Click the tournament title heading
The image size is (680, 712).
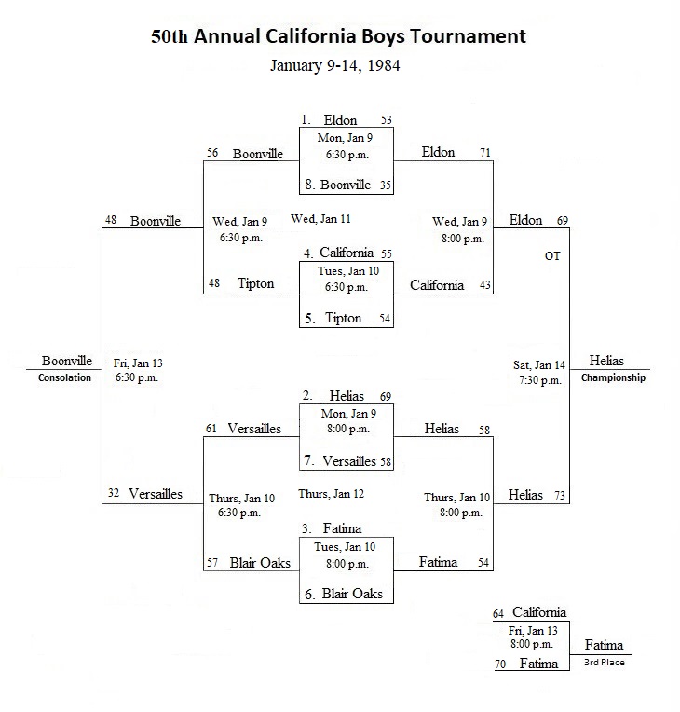click(x=338, y=36)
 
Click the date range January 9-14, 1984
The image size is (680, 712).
click(x=335, y=65)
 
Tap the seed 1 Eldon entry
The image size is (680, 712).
click(x=329, y=120)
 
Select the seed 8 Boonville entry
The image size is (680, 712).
click(x=338, y=185)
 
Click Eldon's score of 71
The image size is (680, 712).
click(x=485, y=153)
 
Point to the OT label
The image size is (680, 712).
click(x=552, y=256)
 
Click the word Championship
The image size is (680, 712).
click(x=613, y=377)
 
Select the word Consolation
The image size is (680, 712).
click(x=64, y=377)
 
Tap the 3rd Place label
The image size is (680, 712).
click(x=605, y=663)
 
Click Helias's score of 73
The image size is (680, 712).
click(x=560, y=496)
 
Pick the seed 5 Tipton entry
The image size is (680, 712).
click(x=333, y=319)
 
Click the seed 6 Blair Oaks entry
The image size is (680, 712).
click(x=344, y=594)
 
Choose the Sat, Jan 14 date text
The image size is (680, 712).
click(x=539, y=365)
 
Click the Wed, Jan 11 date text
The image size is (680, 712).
click(x=321, y=219)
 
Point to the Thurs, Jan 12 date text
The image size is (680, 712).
click(x=331, y=494)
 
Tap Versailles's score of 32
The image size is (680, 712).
click(x=114, y=493)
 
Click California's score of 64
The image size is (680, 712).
click(x=498, y=614)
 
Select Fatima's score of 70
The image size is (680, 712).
click(x=500, y=664)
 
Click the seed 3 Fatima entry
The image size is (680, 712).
click(x=332, y=528)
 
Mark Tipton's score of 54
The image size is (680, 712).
click(x=385, y=319)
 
